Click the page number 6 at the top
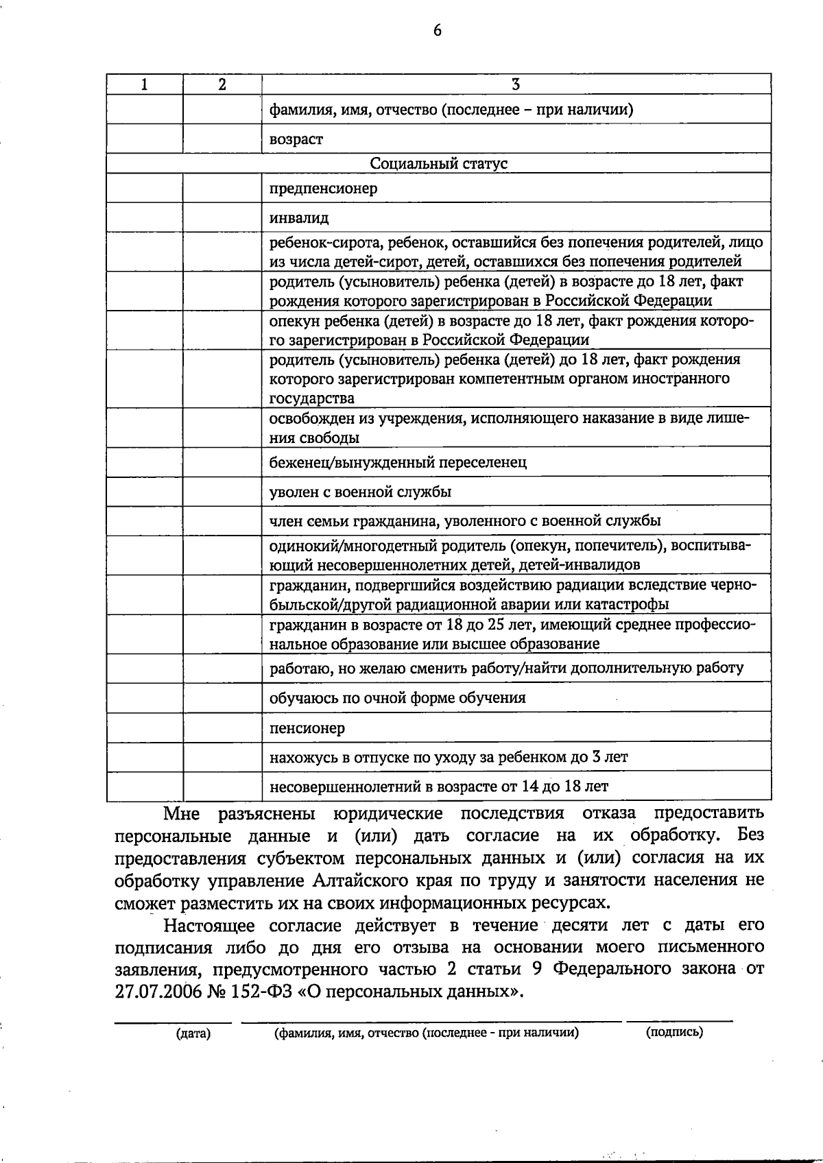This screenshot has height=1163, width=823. [x=438, y=31]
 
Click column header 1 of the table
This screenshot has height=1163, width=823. [x=144, y=84]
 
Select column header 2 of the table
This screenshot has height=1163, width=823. [x=222, y=84]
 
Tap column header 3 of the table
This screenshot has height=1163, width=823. [x=516, y=84]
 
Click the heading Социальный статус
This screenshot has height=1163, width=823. [x=439, y=163]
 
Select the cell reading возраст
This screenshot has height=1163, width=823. [x=296, y=139]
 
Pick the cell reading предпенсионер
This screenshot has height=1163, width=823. [x=323, y=189]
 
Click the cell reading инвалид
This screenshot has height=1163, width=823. [x=299, y=219]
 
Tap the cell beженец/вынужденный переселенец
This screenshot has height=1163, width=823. [x=398, y=463]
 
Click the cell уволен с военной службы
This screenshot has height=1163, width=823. [x=360, y=492]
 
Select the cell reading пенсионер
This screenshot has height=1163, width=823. [x=307, y=728]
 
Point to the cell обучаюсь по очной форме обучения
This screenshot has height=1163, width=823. [x=398, y=698]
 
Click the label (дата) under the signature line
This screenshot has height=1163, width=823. [x=193, y=1033]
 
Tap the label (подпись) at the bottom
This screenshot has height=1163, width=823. [x=674, y=1031]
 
